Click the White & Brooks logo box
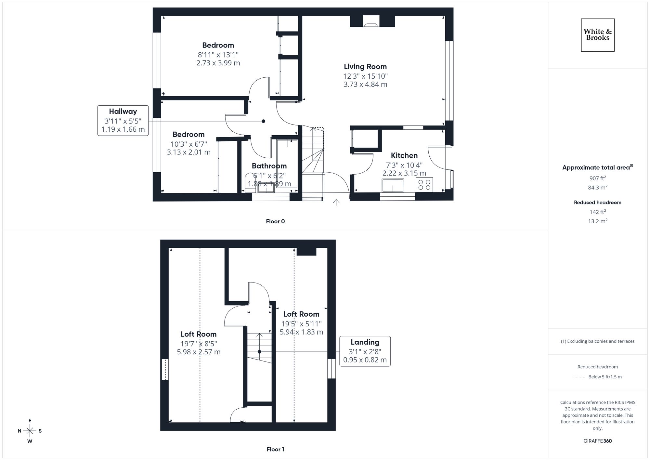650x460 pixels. [597, 35]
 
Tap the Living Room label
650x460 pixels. [365, 67]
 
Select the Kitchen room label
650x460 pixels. [404, 155]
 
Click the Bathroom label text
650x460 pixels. [269, 166]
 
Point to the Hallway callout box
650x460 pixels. [123, 121]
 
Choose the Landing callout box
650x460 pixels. [365, 351]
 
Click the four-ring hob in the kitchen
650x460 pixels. [424, 185]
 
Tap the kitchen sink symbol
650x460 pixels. [393, 185]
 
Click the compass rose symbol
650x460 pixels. [30, 431]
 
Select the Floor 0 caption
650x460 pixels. [275, 221]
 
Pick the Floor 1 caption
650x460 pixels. [275, 449]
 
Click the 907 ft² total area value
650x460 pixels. [597, 178]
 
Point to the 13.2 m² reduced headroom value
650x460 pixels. [597, 221]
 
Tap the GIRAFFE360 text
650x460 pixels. [597, 441]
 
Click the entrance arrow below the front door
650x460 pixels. [336, 203]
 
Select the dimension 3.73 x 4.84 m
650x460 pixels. [365, 85]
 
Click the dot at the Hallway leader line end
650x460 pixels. [263, 121]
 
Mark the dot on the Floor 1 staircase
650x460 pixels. [259, 352]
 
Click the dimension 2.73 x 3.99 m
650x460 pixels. [218, 63]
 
